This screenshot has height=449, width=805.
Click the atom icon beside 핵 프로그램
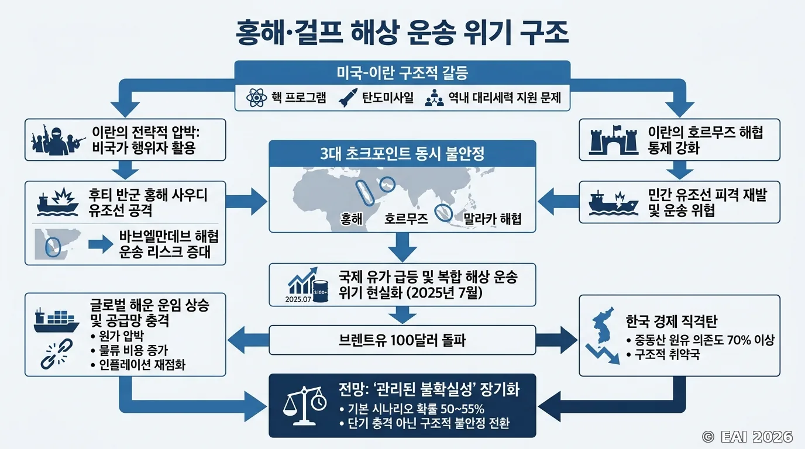256,98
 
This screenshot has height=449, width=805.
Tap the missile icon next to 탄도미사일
348,98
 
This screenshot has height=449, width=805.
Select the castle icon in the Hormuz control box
614,140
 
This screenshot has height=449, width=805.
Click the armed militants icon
58,140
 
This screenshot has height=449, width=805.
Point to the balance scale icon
304,406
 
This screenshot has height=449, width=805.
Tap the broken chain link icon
56,354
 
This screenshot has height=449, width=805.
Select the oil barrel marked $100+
320,291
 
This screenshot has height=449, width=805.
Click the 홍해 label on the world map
351,219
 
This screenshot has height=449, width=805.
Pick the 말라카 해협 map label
492,219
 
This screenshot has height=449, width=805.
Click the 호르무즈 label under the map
406,219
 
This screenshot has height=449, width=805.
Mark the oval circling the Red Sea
365,193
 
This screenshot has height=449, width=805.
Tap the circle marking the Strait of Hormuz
387,185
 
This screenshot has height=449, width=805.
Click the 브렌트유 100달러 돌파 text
402,340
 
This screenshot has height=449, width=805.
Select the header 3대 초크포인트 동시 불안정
402,154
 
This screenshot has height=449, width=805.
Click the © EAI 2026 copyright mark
747,437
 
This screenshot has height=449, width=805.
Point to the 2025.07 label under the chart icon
298,299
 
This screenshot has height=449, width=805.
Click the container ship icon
56,320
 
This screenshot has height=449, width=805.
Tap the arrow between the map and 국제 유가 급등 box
402,247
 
